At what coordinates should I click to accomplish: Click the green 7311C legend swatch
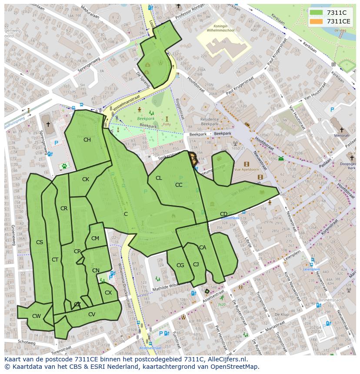pos(316,13)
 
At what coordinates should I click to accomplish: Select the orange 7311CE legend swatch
pos(316,21)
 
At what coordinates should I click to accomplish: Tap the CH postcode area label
pos(87,139)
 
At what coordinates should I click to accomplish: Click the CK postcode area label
pos(86,179)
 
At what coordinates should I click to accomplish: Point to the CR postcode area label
pos(64,209)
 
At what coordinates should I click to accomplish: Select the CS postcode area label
pos(40,242)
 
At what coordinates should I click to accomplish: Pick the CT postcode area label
pos(55,260)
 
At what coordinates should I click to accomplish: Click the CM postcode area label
pos(95,238)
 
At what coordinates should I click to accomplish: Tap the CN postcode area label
pos(96,271)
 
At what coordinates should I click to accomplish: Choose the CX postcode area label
pos(108,293)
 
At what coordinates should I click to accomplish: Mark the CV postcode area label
pos(92,314)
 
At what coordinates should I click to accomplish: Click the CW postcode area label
pos(36,316)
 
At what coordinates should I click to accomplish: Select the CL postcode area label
pos(159,178)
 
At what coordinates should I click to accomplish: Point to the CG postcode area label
pos(180,265)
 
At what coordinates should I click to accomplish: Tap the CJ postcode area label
pos(196,265)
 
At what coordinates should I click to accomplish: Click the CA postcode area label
pos(203,248)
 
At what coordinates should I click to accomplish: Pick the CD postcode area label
pos(223,214)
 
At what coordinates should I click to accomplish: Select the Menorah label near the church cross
pos(341,136)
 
